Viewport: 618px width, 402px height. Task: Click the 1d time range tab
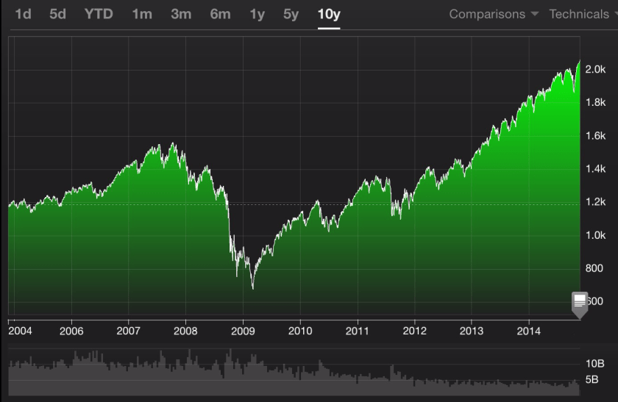(23, 14)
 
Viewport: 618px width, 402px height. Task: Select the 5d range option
(58, 14)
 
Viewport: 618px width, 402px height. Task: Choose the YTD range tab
(99, 14)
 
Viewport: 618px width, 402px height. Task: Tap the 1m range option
(141, 14)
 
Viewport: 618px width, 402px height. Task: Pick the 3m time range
(180, 14)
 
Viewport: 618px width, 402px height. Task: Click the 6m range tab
(220, 14)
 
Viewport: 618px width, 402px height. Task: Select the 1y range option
(257, 14)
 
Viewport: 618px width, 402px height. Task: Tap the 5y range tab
(291, 14)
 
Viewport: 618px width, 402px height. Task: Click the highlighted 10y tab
(329, 14)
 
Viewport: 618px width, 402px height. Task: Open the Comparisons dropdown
(494, 14)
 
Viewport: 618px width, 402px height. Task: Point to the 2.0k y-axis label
(595, 69)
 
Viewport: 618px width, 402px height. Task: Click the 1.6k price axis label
(595, 136)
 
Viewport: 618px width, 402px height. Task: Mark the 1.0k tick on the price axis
(595, 235)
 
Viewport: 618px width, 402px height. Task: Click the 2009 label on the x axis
(243, 331)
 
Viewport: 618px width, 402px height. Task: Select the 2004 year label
(20, 331)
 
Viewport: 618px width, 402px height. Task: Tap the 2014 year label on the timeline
(528, 331)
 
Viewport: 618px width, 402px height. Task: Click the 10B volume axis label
(595, 364)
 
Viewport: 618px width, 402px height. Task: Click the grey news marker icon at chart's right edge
(580, 302)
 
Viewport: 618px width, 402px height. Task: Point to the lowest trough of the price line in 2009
(252, 289)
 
